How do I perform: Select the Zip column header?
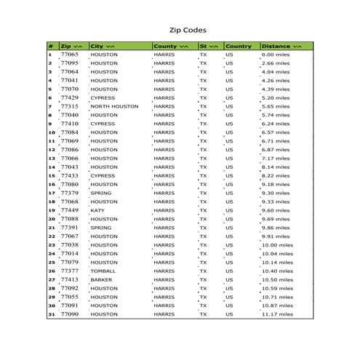point(72,46)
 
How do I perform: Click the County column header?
point(171,46)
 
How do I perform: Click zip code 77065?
point(70,55)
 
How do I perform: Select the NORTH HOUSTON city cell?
point(114,106)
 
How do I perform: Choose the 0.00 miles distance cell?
point(277,55)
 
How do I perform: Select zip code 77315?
point(70,106)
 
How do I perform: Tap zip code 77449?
point(70,210)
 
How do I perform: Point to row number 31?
point(52,314)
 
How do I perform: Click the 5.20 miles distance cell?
point(277,97)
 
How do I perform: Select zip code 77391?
point(70,228)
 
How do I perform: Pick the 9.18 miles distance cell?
point(277,184)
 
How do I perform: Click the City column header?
point(102,46)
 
